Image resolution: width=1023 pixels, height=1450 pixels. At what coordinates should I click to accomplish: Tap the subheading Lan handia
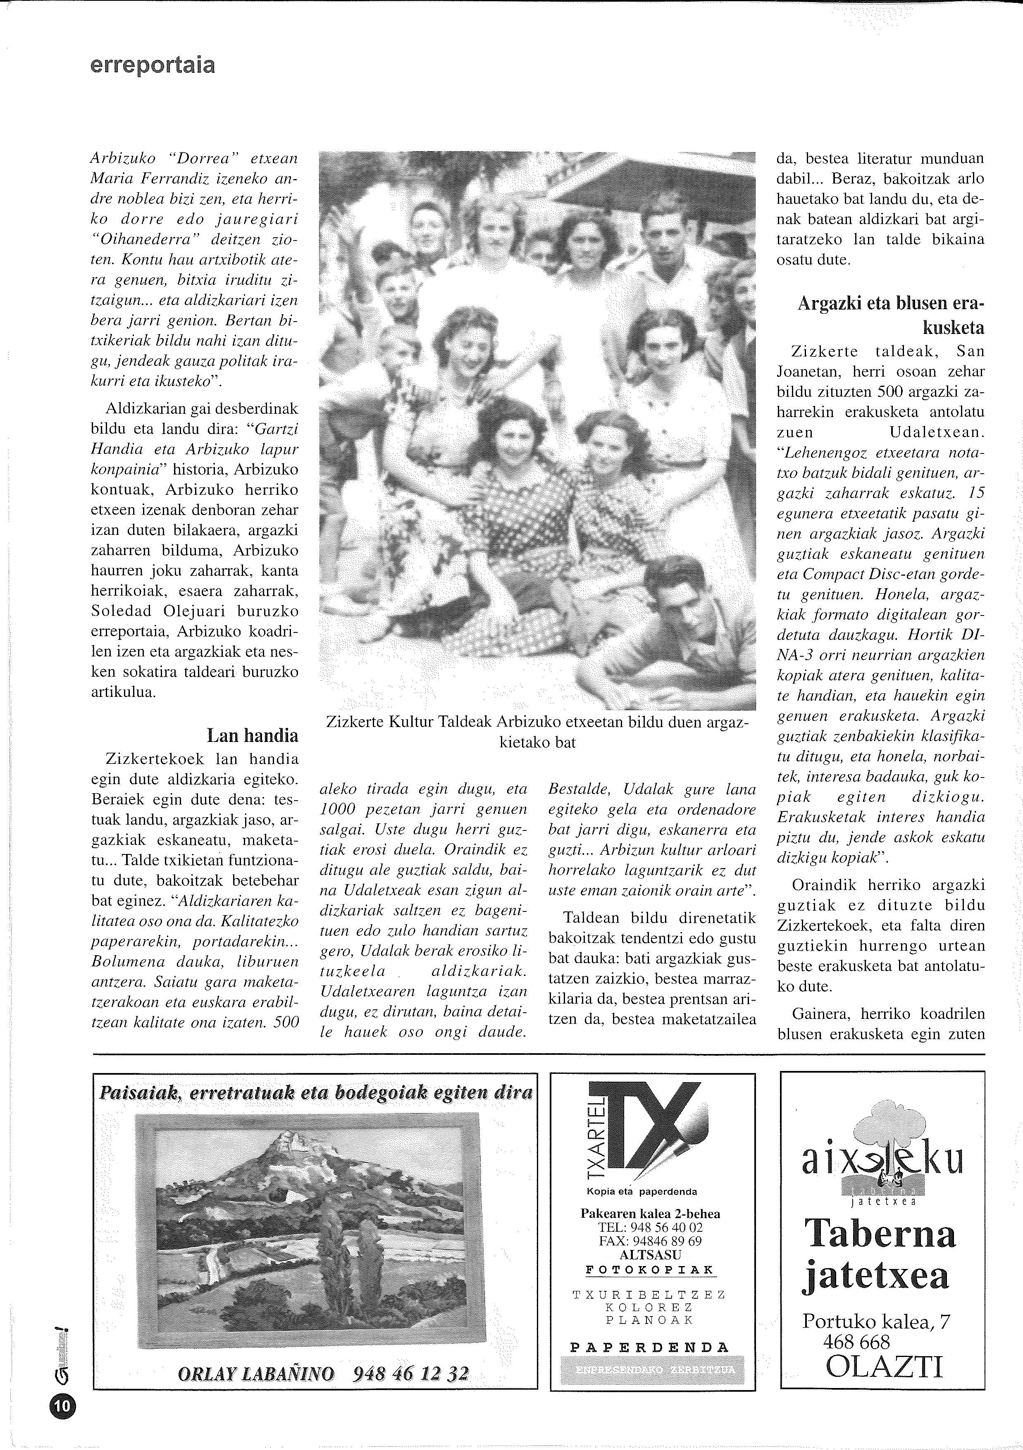pyautogui.click(x=253, y=736)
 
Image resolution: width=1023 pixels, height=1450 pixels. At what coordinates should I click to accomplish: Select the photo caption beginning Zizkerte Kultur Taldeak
pyautogui.click(x=537, y=732)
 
